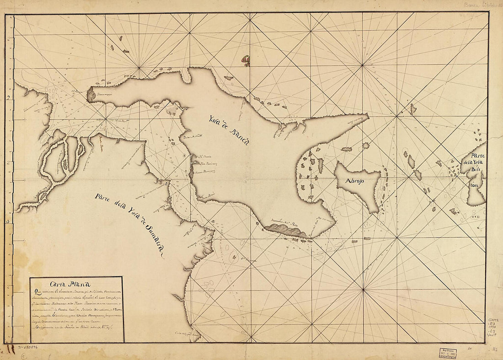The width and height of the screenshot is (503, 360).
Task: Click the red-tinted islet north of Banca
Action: tap(246, 60)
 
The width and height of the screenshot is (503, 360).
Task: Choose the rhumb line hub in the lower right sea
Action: tap(363, 289)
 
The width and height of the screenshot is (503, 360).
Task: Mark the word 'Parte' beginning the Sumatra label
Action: tap(105, 198)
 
